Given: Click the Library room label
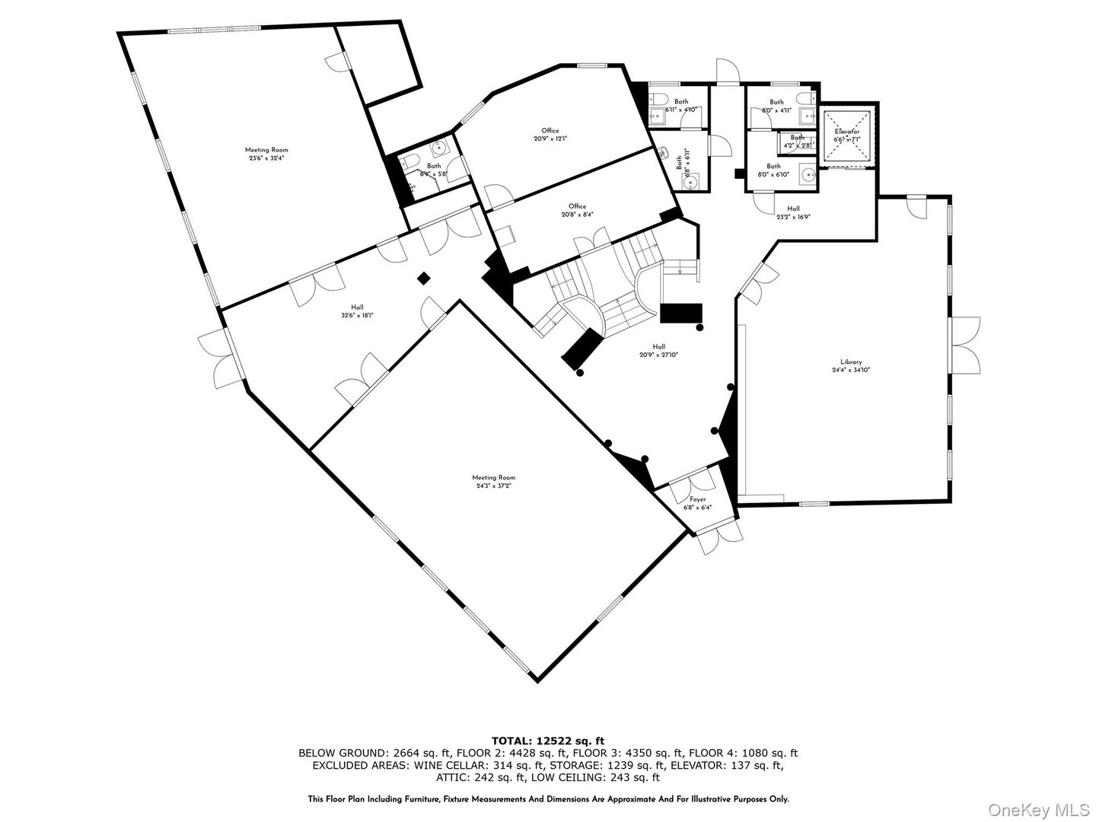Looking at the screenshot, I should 851,362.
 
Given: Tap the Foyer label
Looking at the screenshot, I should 698,499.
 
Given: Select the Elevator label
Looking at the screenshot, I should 846,132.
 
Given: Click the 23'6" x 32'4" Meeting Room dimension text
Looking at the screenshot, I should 266,158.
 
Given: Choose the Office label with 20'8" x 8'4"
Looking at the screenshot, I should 577,205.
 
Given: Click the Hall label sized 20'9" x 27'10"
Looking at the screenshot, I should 658,346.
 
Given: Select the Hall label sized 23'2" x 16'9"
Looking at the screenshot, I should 793,209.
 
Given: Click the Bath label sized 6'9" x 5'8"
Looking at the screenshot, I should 433,166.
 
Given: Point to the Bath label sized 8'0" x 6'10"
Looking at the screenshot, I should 773,166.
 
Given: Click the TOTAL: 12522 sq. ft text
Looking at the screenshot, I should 548,740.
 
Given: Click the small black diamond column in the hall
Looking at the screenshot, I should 423,279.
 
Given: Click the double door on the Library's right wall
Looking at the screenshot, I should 963,342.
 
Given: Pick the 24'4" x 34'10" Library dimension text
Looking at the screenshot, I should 851,371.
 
